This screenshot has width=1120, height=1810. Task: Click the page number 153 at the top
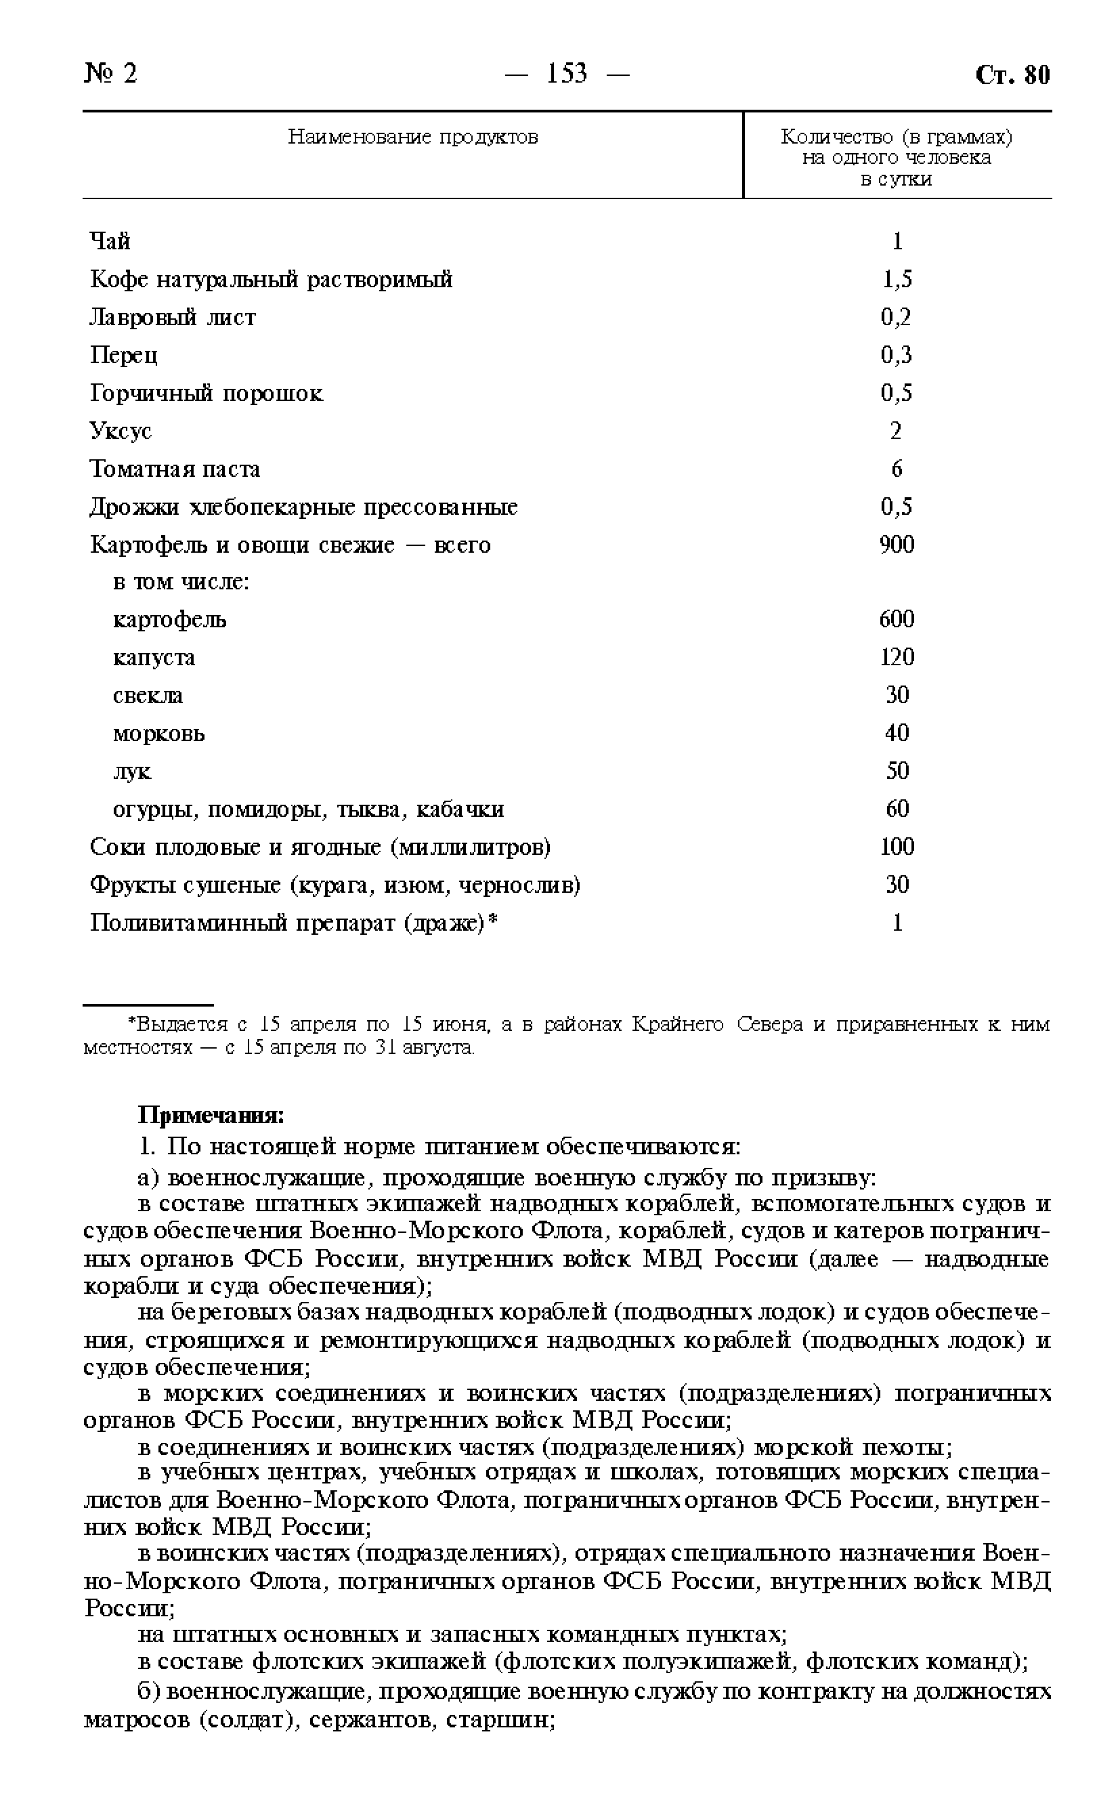click(x=567, y=73)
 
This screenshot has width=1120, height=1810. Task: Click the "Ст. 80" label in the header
click(x=1012, y=75)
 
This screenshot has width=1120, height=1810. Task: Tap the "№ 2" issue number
click(x=110, y=73)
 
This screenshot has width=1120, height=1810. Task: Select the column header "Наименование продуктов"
click(x=412, y=137)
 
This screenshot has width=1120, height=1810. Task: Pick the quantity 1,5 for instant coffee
click(x=897, y=279)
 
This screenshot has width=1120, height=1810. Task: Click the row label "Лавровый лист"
click(x=173, y=317)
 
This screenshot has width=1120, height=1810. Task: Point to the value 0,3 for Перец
click(x=897, y=355)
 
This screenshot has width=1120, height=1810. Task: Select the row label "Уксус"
click(x=121, y=432)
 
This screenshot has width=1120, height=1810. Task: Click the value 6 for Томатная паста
click(x=897, y=469)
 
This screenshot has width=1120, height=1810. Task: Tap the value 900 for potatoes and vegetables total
click(x=897, y=545)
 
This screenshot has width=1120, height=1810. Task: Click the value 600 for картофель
click(x=897, y=618)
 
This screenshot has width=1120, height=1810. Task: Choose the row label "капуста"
click(x=154, y=658)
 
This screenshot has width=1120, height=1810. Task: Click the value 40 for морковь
click(x=897, y=733)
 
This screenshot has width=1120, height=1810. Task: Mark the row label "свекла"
click(x=148, y=696)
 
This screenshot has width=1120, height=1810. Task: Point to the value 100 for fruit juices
click(x=897, y=846)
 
